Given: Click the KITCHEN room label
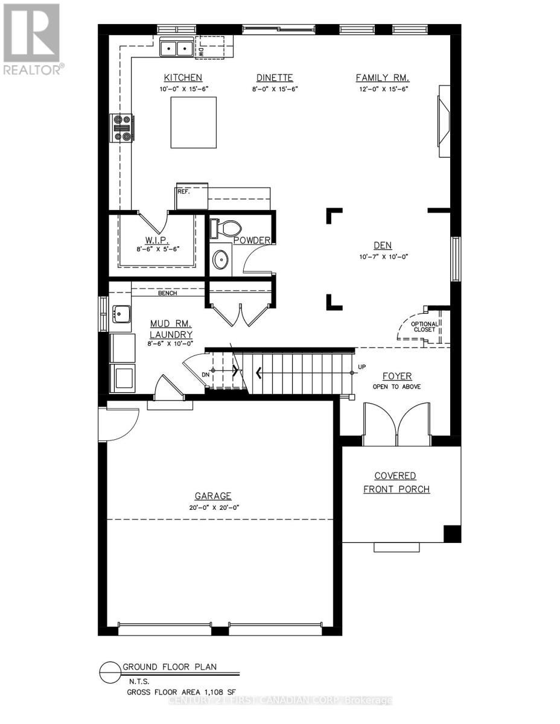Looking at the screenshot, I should [x=182, y=78].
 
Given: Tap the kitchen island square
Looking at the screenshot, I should [x=194, y=122].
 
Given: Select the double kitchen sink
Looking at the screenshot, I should [x=176, y=48].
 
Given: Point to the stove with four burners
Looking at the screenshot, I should [x=122, y=128].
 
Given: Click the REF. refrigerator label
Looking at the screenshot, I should [x=183, y=191].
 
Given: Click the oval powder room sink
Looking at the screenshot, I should [x=220, y=259].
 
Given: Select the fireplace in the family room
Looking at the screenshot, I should [x=444, y=121].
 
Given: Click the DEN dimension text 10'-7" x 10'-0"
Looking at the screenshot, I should [x=382, y=256].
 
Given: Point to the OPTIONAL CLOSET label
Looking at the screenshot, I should [x=423, y=327].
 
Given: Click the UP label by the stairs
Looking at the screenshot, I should [x=361, y=367].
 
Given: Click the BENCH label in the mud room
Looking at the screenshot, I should [x=167, y=294].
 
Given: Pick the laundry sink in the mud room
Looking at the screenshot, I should [x=122, y=314].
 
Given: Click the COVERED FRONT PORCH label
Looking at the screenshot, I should [x=396, y=482].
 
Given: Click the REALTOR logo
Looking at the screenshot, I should [x=31, y=39].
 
